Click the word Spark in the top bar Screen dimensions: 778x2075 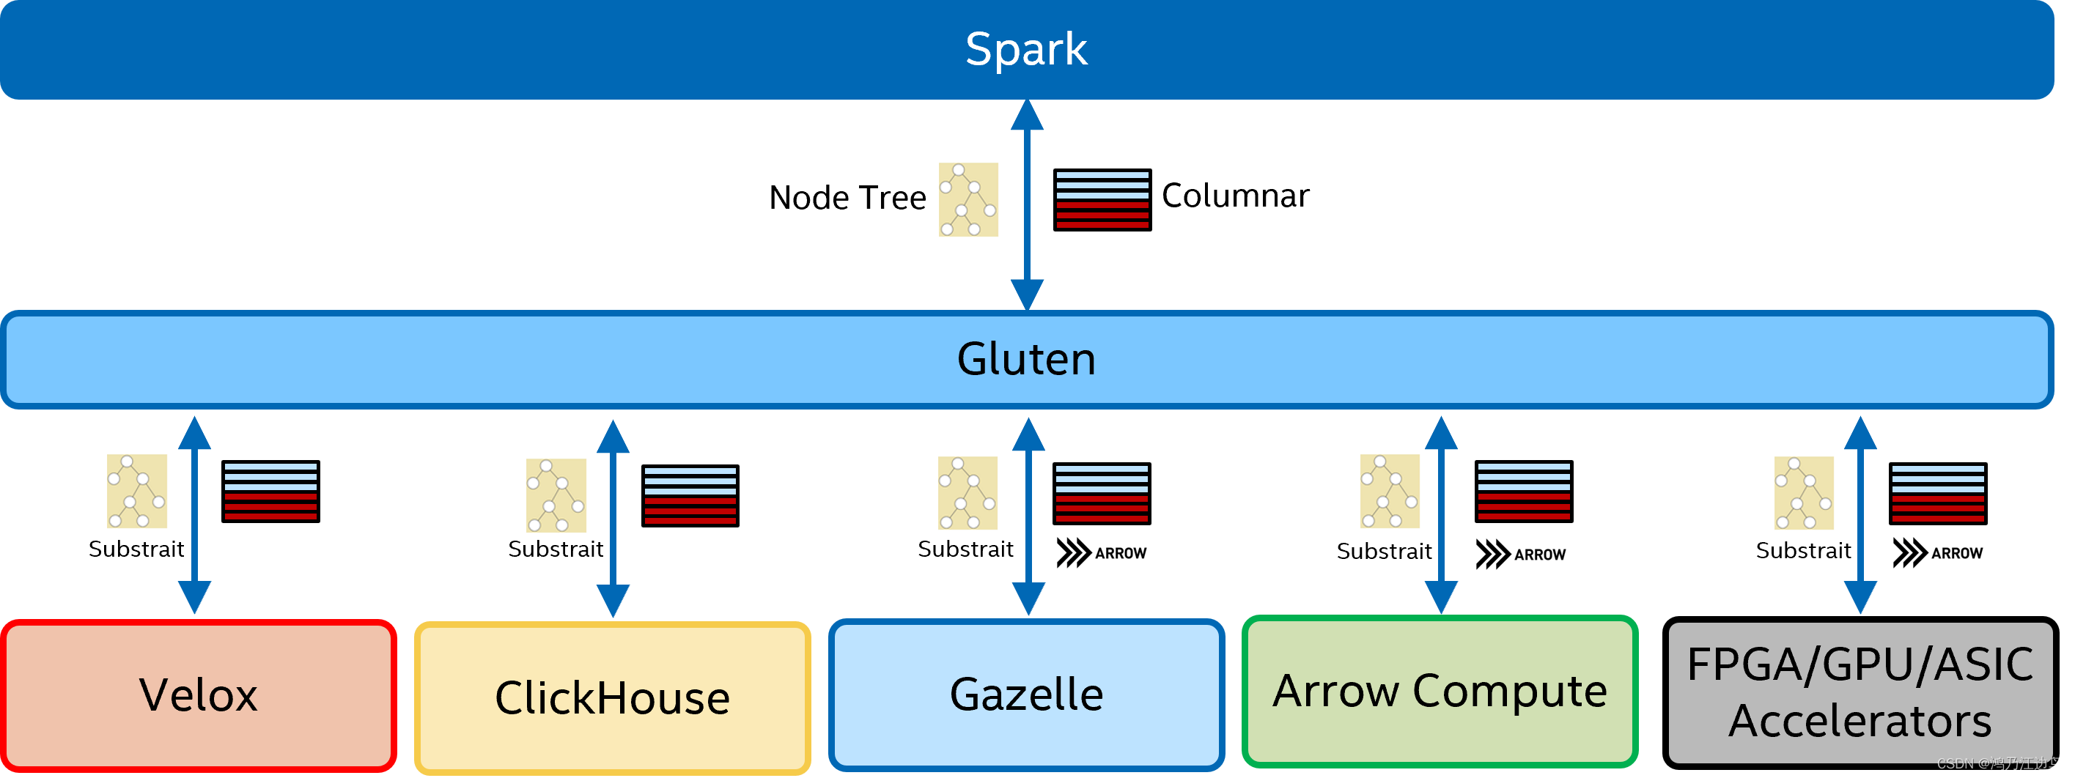coord(1025,49)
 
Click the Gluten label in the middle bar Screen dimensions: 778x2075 coord(1025,359)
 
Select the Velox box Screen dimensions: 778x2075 coord(198,695)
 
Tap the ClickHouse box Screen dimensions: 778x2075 coord(612,698)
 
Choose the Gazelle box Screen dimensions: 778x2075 coord(1026,694)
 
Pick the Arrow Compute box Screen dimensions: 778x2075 coord(1440,691)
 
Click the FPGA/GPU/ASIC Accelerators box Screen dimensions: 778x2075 coord(1860,692)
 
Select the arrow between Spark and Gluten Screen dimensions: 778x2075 coord(1027,205)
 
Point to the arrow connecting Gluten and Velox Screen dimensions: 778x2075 coord(194,516)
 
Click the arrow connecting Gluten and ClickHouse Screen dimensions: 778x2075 coord(613,519)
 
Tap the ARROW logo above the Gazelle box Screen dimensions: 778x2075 coord(1102,553)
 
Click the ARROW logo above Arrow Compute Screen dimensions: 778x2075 coord(1521,555)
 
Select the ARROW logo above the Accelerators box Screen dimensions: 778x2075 coord(1938,553)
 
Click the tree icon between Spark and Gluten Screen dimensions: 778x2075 coord(968,200)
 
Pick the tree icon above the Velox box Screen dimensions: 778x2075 coord(137,492)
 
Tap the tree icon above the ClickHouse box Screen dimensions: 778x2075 coord(556,495)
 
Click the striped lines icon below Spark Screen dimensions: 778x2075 coord(1102,200)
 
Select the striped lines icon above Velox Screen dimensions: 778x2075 coord(270,492)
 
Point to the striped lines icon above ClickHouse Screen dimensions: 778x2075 coord(690,495)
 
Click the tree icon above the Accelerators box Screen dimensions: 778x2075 coord(1804,493)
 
